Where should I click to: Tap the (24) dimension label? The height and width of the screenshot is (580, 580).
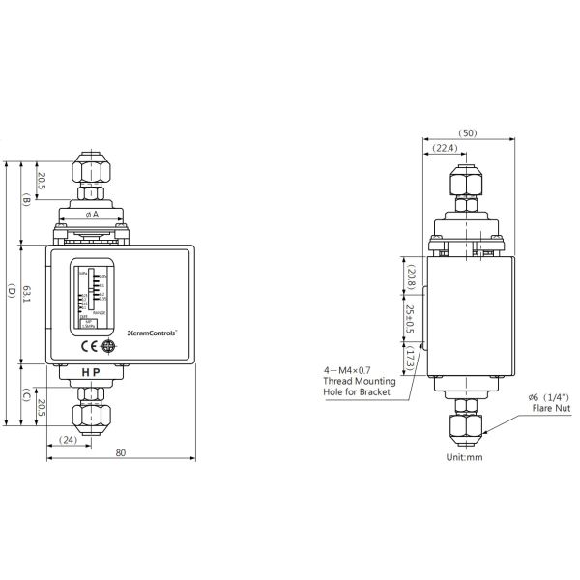pyautogui.click(x=68, y=440)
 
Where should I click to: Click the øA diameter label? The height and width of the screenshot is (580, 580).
pyautogui.click(x=93, y=214)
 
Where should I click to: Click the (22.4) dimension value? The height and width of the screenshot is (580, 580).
pyautogui.click(x=446, y=148)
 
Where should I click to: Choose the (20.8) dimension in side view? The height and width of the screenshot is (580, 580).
pyautogui.click(x=411, y=278)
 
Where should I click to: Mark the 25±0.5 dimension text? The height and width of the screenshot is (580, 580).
pyautogui.click(x=411, y=320)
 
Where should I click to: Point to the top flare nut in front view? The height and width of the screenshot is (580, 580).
pyautogui.click(x=93, y=170)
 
